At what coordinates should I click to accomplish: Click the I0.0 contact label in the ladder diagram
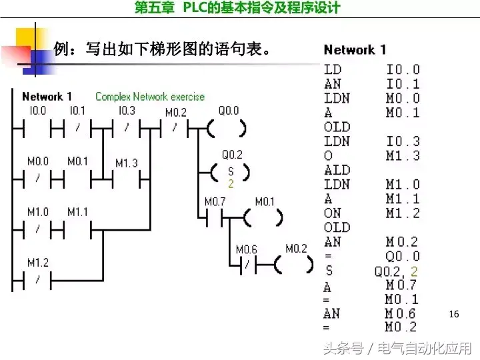(37, 111)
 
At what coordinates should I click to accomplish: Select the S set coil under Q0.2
(230, 172)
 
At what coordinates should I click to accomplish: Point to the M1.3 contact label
(127, 163)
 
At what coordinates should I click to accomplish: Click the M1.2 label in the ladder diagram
(37, 263)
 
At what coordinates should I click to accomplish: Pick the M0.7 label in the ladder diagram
(215, 201)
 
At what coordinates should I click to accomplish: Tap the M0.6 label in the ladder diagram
(246, 249)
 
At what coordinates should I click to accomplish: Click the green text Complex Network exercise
(150, 97)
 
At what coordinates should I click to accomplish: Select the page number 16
(455, 313)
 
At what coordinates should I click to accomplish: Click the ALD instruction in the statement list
(337, 170)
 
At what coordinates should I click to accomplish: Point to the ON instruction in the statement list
(332, 213)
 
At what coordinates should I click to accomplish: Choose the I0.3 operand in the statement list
(403, 141)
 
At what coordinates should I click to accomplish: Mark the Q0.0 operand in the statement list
(403, 256)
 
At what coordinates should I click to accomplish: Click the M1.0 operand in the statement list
(403, 185)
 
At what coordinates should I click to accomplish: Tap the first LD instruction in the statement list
(332, 69)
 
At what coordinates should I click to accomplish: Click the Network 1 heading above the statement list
(355, 50)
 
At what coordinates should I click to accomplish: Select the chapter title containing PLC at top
(237, 8)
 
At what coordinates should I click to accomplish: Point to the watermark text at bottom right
(397, 348)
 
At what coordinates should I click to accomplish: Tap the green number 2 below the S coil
(231, 183)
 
